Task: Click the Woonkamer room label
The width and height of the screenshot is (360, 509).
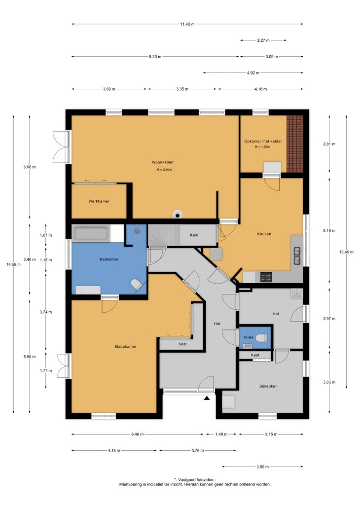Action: click(163, 162)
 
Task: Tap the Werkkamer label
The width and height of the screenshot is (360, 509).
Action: click(99, 201)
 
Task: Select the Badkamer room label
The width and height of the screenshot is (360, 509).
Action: click(109, 259)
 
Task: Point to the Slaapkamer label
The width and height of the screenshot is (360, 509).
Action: click(125, 346)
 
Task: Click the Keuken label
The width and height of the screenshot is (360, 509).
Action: click(264, 234)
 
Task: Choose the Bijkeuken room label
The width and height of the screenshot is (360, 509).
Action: click(268, 386)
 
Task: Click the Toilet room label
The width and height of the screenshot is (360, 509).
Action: click(248, 337)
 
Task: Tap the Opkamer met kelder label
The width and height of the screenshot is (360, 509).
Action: click(263, 141)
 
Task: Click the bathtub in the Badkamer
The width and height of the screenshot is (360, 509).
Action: click(91, 234)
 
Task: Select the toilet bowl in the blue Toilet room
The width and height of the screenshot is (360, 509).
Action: click(261, 338)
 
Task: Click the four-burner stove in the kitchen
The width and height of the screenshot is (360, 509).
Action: click(266, 278)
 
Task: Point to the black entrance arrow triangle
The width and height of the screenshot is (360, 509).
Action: click(207, 398)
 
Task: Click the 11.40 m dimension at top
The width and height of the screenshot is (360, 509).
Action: click(187, 24)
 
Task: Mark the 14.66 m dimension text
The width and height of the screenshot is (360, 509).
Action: click(13, 264)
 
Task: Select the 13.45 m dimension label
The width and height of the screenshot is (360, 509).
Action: click(346, 252)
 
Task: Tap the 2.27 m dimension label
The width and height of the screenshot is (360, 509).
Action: click(263, 40)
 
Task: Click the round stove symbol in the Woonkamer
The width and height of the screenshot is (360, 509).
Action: click(178, 214)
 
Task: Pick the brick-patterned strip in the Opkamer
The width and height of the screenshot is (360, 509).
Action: click(295, 144)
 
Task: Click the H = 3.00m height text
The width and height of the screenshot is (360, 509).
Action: click(164, 170)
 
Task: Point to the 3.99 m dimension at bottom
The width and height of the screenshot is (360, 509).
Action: click(263, 467)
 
